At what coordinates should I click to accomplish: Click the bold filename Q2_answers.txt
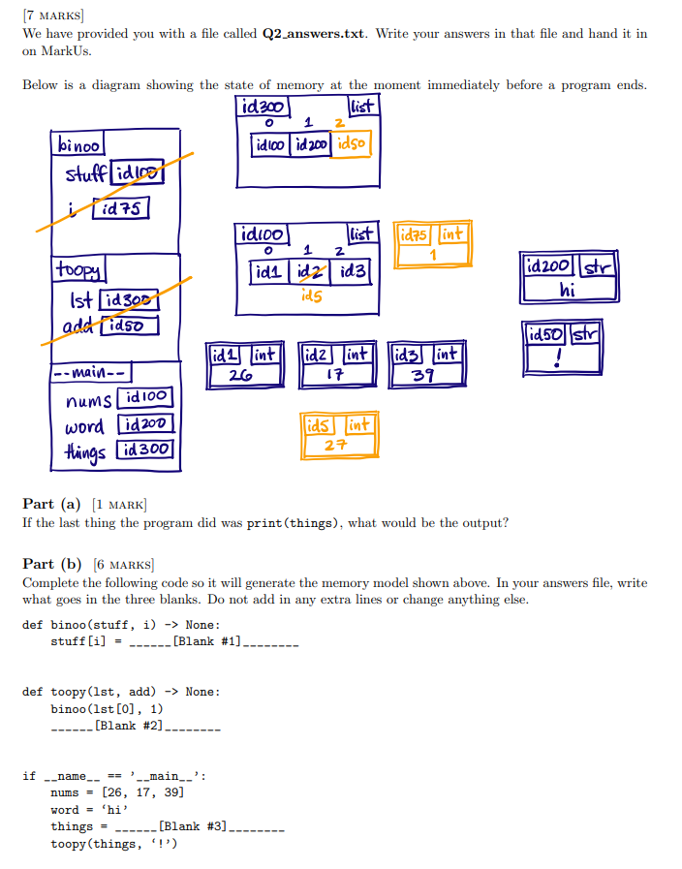point(313,33)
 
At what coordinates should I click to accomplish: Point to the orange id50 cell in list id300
point(351,144)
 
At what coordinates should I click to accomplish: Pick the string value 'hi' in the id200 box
point(568,288)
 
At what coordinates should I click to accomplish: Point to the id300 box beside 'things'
point(146,449)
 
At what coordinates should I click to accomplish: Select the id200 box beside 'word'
point(144,424)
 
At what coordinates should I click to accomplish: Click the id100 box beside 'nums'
point(146,398)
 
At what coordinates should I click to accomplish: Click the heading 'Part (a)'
point(51,504)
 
